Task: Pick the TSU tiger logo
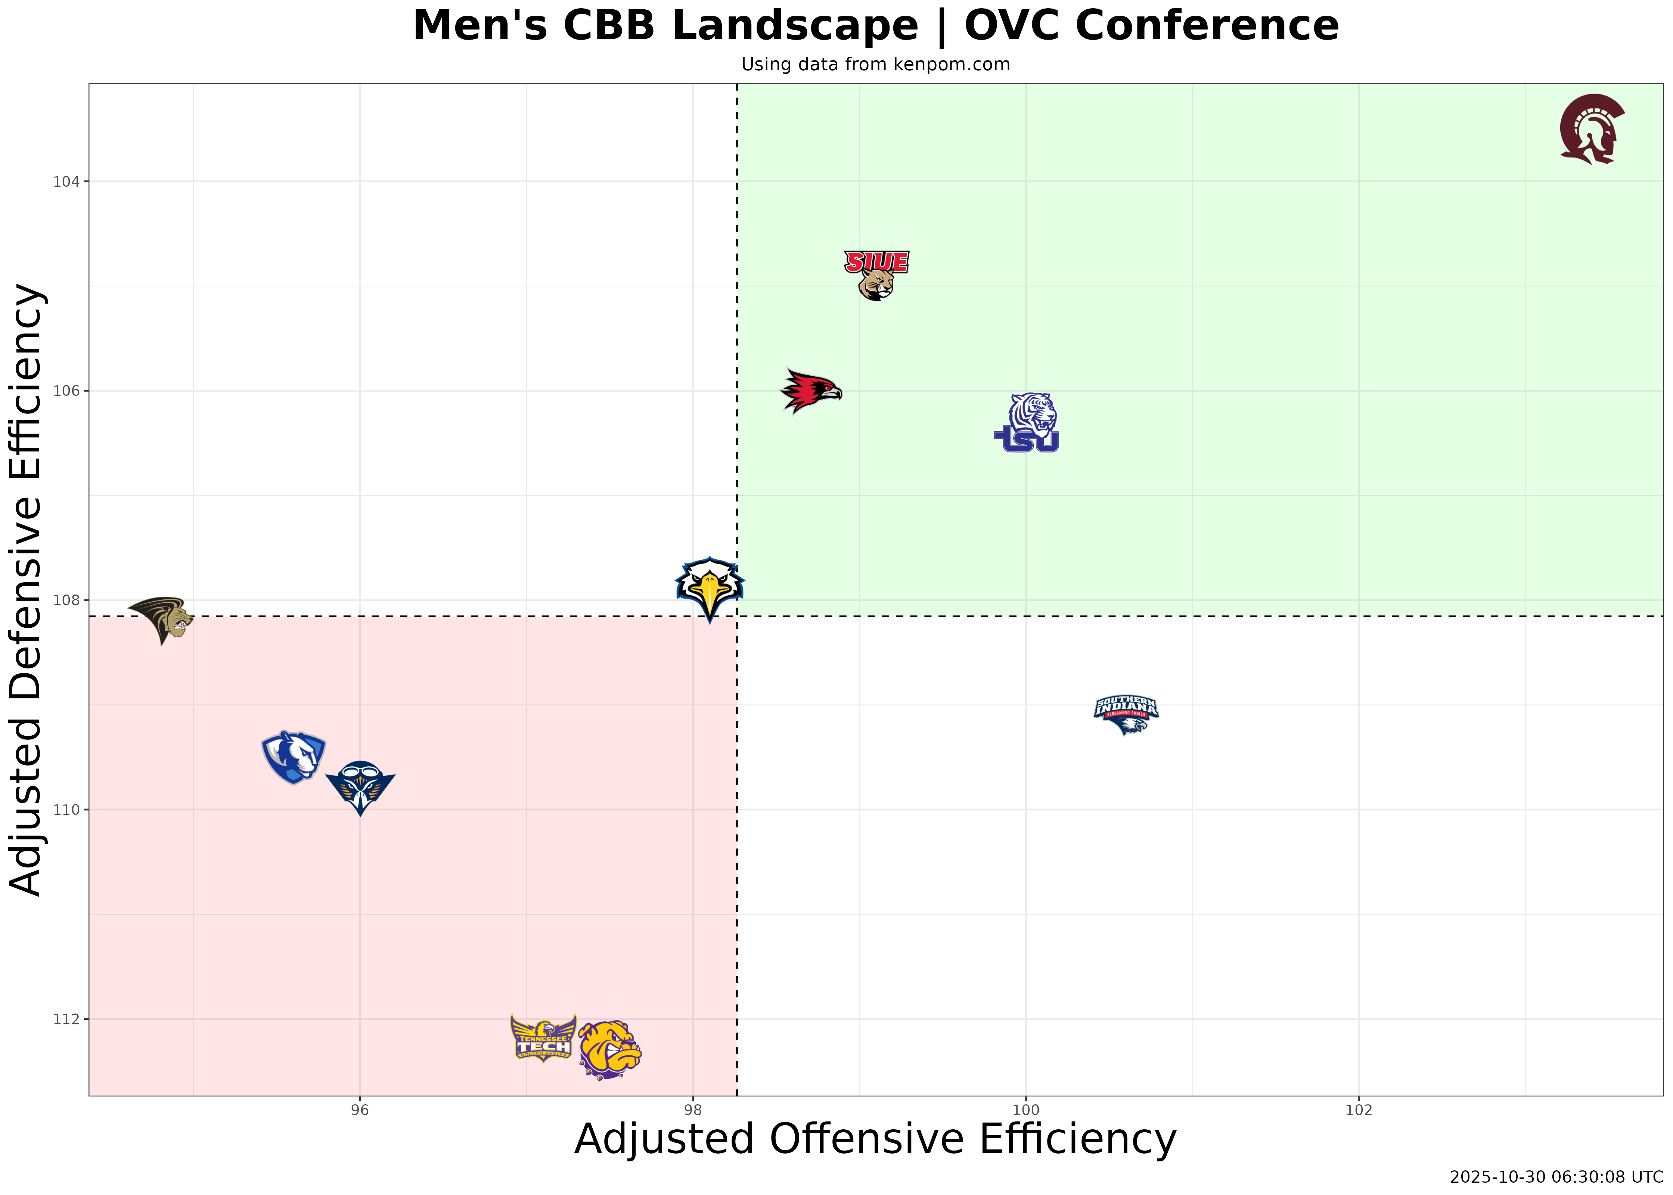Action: pos(1027,423)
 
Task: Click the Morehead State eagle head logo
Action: pos(710,589)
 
